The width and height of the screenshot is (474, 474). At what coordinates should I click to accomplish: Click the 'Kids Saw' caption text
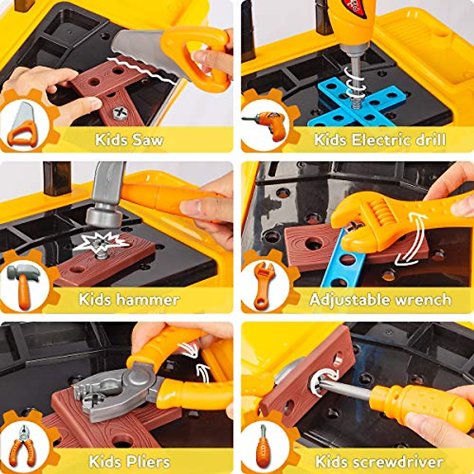coord(129,140)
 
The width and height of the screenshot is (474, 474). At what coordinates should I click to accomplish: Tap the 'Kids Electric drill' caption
coord(380,140)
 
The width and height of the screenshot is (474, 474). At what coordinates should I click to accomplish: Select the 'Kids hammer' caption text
coord(129,299)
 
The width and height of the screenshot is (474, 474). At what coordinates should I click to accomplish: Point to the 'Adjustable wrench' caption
coord(380,299)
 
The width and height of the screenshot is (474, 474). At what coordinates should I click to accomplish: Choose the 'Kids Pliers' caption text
coord(129,461)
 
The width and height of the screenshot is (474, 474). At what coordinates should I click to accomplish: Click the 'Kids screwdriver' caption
coord(379,461)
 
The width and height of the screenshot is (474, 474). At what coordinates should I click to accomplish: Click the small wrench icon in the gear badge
coord(264,284)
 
